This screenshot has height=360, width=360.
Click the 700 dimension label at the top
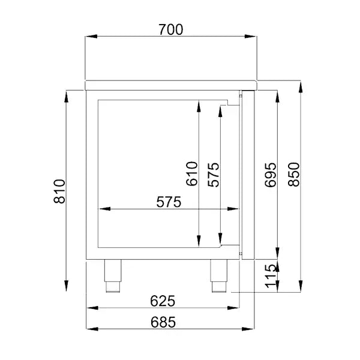point(170,28)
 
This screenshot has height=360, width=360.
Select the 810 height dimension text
point(59,190)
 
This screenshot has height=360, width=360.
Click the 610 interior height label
point(191,174)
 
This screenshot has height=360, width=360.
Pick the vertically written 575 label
point(213,174)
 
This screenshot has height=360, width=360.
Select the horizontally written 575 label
point(169,203)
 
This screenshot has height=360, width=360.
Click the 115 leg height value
point(271,275)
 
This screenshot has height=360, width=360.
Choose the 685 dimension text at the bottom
point(163,322)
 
